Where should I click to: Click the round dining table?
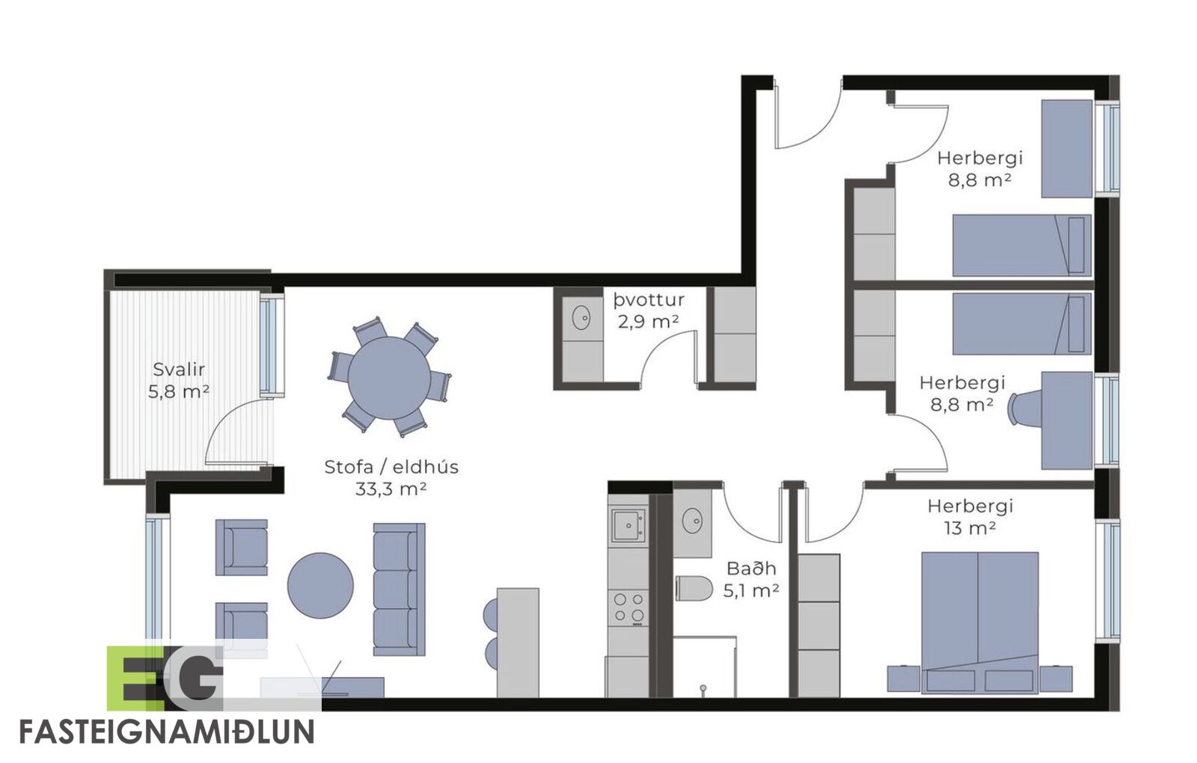click(x=389, y=379)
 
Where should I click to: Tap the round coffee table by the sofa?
click(x=320, y=586)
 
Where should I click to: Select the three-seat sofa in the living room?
click(x=399, y=589)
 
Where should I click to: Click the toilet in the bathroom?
click(x=694, y=588)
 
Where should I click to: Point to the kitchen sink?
click(x=628, y=525)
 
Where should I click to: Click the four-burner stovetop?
click(x=628, y=608)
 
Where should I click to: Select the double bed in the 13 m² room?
click(x=980, y=623)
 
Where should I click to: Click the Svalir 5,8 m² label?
click(x=179, y=381)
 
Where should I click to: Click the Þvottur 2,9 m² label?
click(x=649, y=311)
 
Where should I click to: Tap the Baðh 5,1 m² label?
click(x=751, y=579)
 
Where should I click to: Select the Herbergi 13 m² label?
click(x=970, y=517)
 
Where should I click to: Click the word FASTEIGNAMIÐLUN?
click(x=167, y=732)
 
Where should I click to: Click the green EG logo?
click(x=165, y=678)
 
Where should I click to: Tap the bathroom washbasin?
click(x=693, y=520)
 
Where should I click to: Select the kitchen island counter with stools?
click(x=517, y=643)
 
